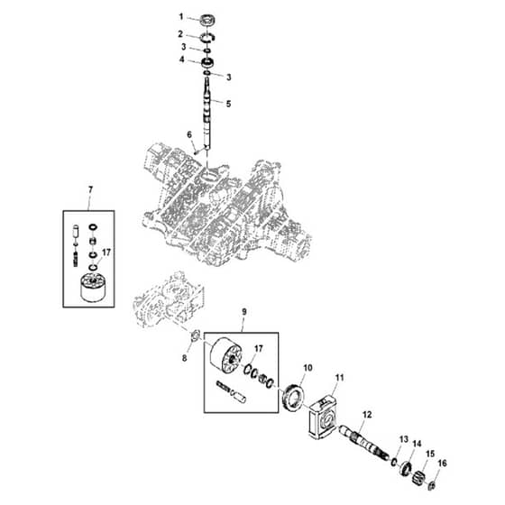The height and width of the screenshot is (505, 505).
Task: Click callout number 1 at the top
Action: point(181,16)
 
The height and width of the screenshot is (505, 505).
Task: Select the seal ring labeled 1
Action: point(207,21)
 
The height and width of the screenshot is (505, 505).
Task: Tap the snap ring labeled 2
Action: point(207,38)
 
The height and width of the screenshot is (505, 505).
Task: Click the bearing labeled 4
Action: point(208,62)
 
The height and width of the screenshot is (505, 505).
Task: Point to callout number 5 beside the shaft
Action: point(228,104)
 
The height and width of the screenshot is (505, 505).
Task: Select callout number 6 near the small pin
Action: point(189,134)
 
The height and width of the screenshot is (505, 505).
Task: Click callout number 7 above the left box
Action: point(90,190)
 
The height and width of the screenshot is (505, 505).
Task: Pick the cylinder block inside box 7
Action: point(93,288)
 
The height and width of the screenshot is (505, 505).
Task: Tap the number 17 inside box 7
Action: point(106,252)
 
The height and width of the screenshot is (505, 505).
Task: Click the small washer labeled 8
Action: point(195,336)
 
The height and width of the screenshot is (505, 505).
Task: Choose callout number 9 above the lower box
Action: point(243,312)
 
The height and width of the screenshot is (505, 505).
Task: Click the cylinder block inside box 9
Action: point(225,356)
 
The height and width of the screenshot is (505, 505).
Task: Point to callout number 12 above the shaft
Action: point(367,415)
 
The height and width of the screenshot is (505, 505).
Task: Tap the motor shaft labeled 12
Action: point(364,442)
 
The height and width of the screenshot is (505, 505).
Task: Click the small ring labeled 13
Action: point(393,462)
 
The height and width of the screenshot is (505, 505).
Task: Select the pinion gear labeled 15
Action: point(418,476)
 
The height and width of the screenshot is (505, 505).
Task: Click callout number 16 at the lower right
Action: point(442,464)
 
